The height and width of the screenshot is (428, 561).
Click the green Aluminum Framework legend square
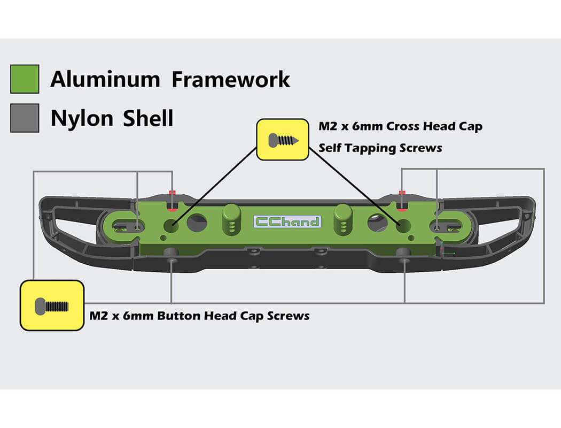(x=25, y=79)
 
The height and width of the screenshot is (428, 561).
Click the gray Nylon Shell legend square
(x=25, y=118)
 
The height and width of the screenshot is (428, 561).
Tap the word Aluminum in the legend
(x=105, y=79)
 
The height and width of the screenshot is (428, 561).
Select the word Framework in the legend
(x=231, y=79)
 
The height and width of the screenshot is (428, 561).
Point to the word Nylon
(x=82, y=118)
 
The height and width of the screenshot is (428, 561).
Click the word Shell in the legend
(x=148, y=118)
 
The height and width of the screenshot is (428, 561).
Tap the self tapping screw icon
(x=283, y=140)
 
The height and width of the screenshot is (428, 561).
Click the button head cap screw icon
(x=51, y=306)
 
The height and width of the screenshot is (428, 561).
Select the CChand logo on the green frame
(x=287, y=221)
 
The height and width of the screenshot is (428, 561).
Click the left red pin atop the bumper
(x=173, y=201)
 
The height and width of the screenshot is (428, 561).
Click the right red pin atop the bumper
(x=402, y=201)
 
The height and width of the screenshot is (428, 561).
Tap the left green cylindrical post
(x=231, y=219)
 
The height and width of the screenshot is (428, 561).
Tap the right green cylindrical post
(x=343, y=219)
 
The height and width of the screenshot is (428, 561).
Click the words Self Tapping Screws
(x=380, y=148)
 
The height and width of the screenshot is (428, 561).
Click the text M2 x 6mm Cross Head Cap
(x=400, y=126)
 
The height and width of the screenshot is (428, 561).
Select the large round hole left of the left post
(x=197, y=223)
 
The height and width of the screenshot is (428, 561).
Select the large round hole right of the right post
(x=377, y=223)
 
